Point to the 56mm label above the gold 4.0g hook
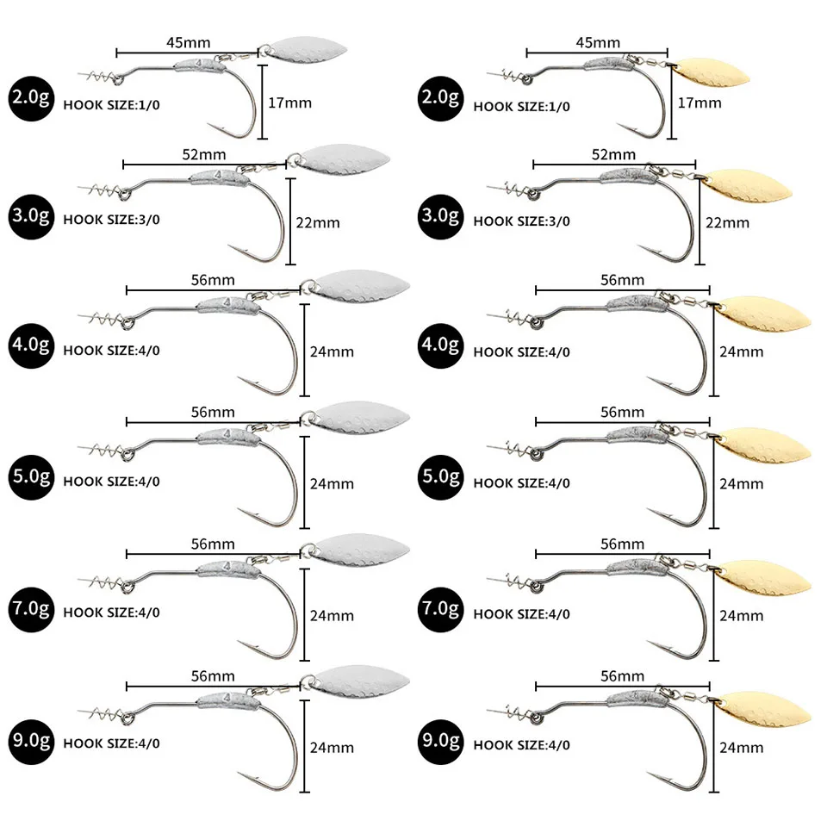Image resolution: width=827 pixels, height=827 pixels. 622,280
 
